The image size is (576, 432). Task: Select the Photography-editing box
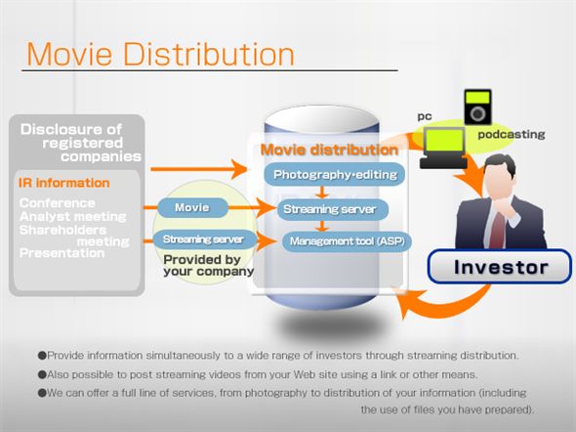[322, 176]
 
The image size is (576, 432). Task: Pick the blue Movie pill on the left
[191, 208]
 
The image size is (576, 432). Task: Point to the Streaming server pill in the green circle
[204, 239]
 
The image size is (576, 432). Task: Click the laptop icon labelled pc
[441, 145]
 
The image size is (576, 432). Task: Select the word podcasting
[512, 134]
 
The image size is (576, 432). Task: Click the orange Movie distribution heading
[329, 151]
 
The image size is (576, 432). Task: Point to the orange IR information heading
[63, 183]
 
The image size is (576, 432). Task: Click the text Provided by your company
[208, 265]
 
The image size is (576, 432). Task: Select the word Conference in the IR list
[57, 203]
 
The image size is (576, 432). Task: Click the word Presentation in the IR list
[62, 253]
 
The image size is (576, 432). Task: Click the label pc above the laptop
[425, 115]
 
